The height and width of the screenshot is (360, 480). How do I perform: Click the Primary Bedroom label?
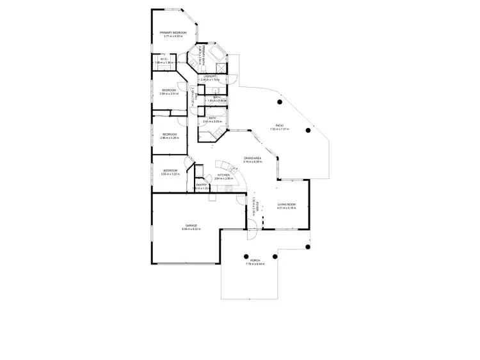click(173, 33)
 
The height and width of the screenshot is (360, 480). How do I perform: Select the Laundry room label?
click(211, 77)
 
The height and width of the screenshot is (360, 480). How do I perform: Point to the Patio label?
click(280, 125)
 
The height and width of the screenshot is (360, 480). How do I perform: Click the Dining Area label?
click(253, 158)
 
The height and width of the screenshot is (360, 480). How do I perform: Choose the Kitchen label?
click(223, 175)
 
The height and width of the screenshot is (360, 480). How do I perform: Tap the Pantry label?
click(201, 185)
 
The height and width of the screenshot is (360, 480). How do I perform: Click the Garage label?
click(191, 225)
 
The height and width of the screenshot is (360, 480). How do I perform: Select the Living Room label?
click(286, 205)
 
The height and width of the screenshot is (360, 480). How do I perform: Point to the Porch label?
click(255, 260)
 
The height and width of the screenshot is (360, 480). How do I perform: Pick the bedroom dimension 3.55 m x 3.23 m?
click(170, 174)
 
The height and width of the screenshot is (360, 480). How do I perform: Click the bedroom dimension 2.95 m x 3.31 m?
click(169, 94)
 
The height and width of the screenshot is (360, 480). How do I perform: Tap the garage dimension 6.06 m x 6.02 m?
click(191, 229)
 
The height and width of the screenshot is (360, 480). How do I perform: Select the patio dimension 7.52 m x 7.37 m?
click(280, 129)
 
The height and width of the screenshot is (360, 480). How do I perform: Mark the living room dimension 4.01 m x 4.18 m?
click(286, 209)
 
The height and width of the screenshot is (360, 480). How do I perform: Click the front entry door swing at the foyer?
click(252, 233)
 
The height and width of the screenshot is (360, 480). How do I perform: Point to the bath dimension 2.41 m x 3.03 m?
click(212, 121)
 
